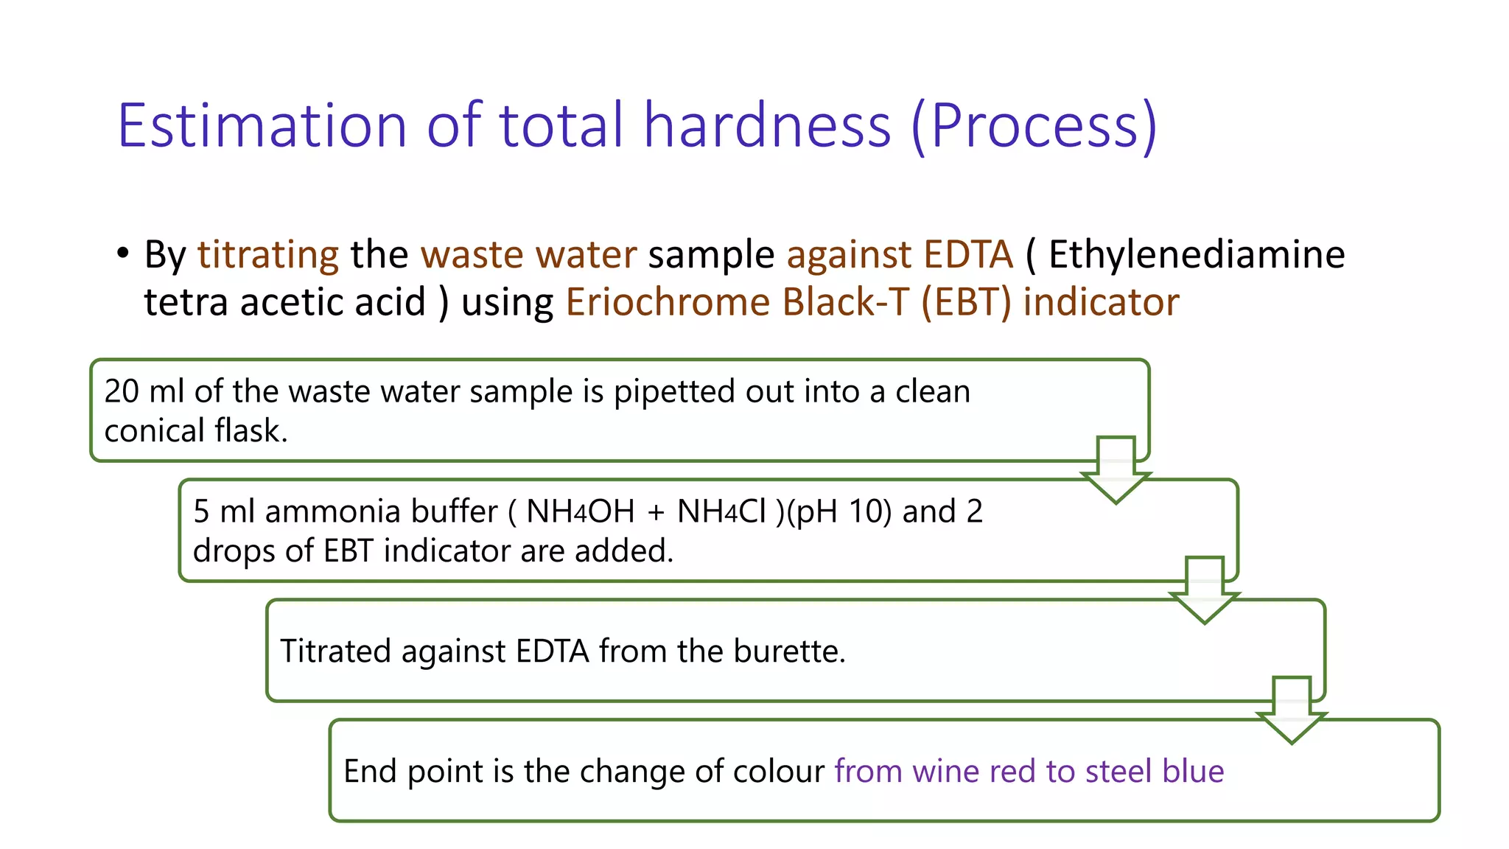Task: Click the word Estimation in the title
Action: coord(262,126)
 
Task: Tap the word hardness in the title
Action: coord(767,126)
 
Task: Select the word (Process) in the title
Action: coord(1034,126)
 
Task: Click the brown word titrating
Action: coord(267,255)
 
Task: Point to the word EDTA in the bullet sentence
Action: coord(968,255)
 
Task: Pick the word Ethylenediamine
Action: coord(1197,255)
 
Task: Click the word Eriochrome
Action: coord(668,302)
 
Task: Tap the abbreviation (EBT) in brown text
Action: coord(966,302)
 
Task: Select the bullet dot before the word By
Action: coord(123,253)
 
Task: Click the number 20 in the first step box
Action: coord(122,391)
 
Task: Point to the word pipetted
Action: coord(674,391)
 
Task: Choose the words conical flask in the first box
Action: coord(195,431)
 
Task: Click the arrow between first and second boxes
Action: coord(1116,470)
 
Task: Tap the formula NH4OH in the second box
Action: coord(580,511)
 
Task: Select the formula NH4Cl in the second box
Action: coord(721,511)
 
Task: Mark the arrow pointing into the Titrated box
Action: coord(1204,590)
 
